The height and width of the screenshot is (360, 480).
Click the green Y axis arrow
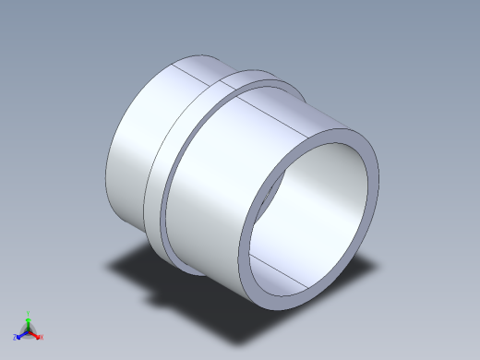click(x=29, y=320)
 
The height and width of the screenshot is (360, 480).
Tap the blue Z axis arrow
click(x=21, y=334)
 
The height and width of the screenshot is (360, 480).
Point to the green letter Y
click(x=29, y=313)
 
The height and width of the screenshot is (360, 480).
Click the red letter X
click(x=42, y=338)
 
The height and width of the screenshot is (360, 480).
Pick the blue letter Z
click(x=16, y=338)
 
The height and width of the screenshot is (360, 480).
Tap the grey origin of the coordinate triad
click(x=29, y=331)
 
